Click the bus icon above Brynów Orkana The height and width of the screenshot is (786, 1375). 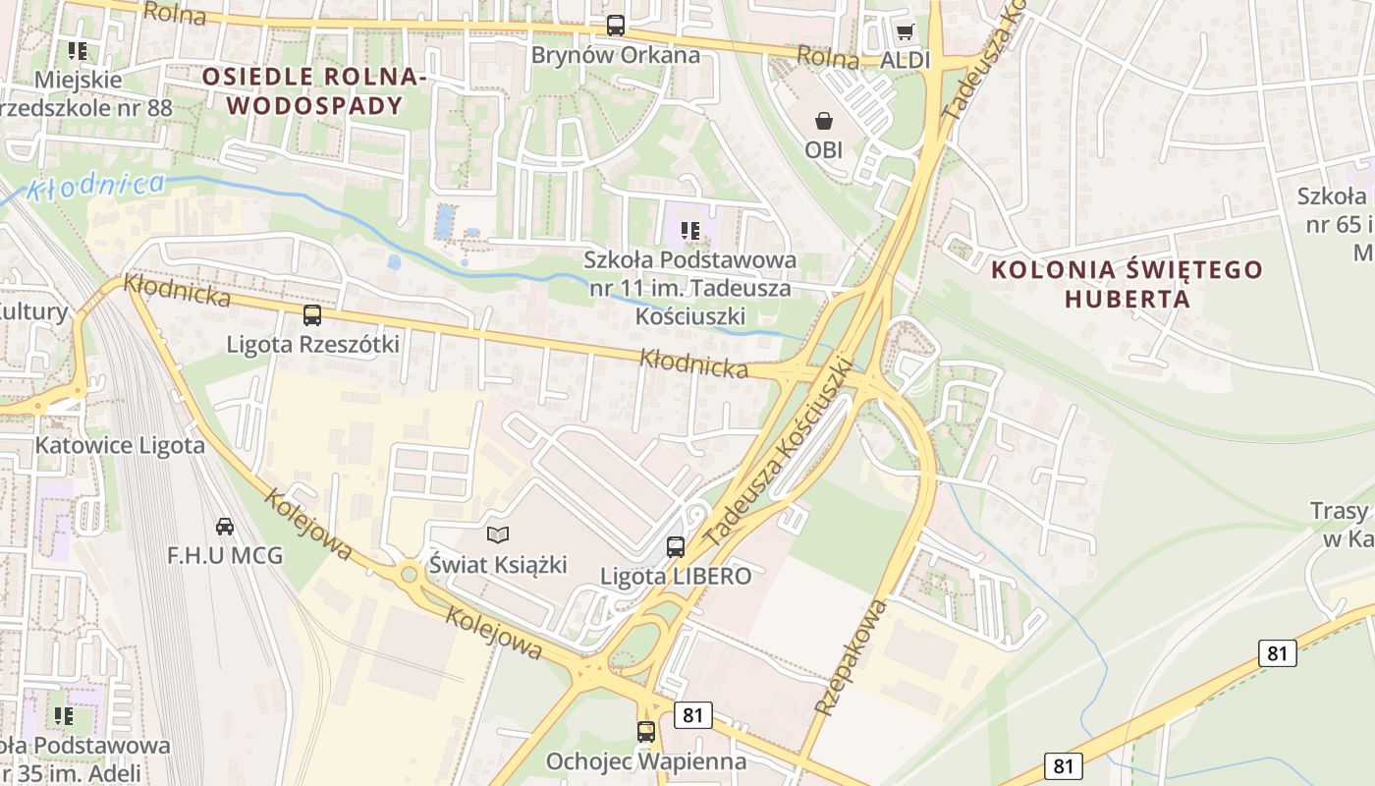[x=616, y=26]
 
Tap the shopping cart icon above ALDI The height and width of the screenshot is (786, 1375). [x=905, y=31]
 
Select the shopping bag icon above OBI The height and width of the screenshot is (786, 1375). [x=824, y=121]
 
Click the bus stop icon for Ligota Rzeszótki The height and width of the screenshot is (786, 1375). [x=312, y=315]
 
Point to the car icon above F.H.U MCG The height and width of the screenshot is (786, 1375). [x=225, y=527]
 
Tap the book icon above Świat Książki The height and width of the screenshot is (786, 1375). [x=499, y=534]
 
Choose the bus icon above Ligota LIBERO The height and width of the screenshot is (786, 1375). [x=676, y=547]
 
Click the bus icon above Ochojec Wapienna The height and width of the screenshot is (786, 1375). [x=645, y=731]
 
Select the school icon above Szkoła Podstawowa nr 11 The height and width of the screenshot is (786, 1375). [x=690, y=231]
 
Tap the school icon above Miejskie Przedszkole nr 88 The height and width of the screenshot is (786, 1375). [x=78, y=50]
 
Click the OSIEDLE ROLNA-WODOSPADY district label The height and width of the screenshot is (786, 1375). [x=314, y=91]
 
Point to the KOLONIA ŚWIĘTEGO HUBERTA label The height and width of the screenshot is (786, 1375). [x=1127, y=283]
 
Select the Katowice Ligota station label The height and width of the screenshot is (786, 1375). [x=120, y=445]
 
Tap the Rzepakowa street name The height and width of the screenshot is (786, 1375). [x=851, y=656]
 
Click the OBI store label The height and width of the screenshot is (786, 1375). [x=824, y=150]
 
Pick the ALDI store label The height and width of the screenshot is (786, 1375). [x=905, y=60]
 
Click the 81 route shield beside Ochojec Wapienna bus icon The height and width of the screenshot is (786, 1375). [x=692, y=715]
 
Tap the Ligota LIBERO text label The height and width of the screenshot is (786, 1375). [x=676, y=576]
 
